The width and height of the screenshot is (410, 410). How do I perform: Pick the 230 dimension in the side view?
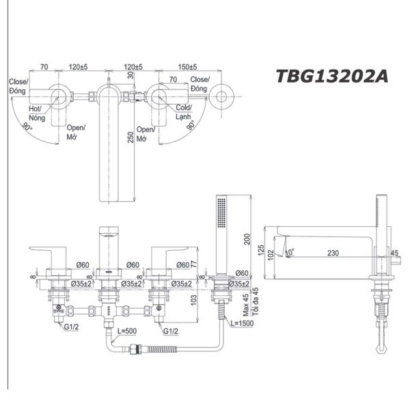(332, 253)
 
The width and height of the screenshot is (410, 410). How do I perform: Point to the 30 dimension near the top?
(131, 76)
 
